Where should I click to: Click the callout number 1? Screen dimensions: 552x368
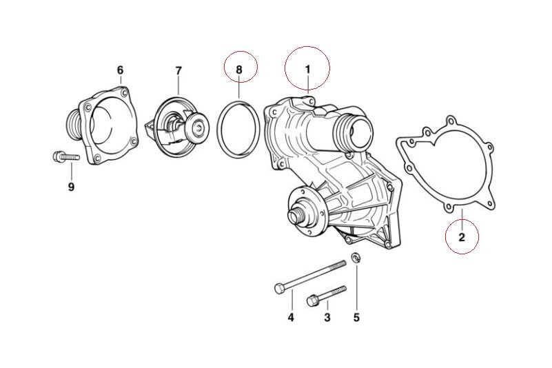click(x=307, y=70)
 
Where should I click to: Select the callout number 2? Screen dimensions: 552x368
click(x=462, y=237)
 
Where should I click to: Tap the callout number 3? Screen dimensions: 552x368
click(x=327, y=318)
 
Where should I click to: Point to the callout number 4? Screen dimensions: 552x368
click(x=291, y=318)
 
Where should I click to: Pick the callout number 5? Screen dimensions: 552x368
click(x=356, y=318)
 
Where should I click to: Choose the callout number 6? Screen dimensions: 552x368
click(x=121, y=70)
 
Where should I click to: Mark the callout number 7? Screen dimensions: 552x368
click(x=178, y=71)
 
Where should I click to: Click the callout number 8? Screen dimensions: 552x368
click(x=239, y=70)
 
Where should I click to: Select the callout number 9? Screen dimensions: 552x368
click(x=71, y=187)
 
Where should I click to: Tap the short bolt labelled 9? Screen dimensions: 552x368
click(x=66, y=156)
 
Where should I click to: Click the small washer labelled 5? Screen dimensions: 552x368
click(x=356, y=258)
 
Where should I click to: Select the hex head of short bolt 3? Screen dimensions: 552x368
click(x=312, y=301)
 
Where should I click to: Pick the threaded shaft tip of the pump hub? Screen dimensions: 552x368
click(x=294, y=216)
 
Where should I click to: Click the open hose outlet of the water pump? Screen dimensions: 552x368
click(x=361, y=132)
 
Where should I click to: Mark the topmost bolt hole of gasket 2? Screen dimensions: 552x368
click(x=450, y=121)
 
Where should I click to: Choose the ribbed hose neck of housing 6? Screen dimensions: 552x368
click(x=74, y=125)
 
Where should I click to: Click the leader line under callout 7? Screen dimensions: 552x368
click(x=178, y=86)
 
